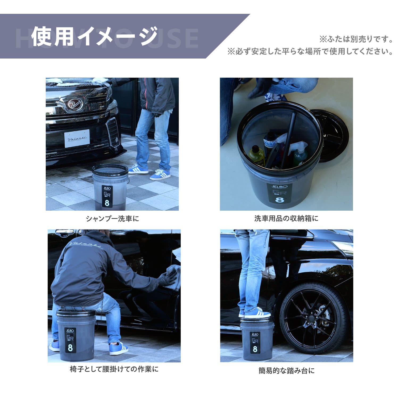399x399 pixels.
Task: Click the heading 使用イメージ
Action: pyautogui.click(x=94, y=37)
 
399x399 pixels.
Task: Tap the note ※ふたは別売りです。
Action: pyautogui.click(x=356, y=39)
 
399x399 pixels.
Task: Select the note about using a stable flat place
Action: pyautogui.click(x=310, y=51)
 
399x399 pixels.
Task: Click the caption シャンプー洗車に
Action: pyautogui.click(x=112, y=219)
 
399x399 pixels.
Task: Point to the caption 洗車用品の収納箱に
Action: pyautogui.click(x=286, y=218)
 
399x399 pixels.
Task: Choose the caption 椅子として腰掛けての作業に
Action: pyautogui.click(x=114, y=369)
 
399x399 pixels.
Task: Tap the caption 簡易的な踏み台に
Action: pyautogui.click(x=286, y=371)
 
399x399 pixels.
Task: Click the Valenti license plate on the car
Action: pyautogui.click(x=77, y=138)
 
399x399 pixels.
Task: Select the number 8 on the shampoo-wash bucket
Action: pyautogui.click(x=107, y=203)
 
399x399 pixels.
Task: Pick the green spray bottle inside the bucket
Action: pyautogui.click(x=300, y=156)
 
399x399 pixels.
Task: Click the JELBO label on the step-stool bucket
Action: pyautogui.click(x=255, y=334)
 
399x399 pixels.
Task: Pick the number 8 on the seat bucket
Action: pyautogui.click(x=70, y=348)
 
